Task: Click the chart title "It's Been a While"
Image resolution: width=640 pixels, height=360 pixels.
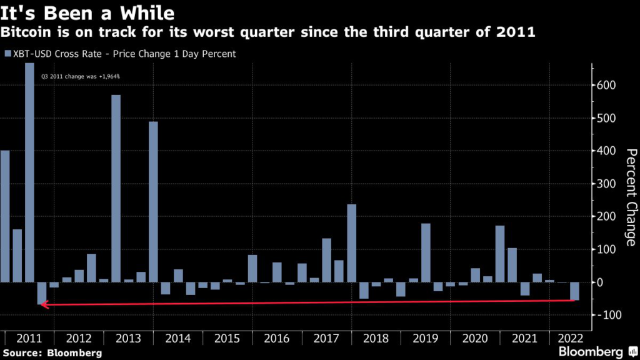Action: [87, 12]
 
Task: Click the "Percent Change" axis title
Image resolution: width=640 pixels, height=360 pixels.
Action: [631, 197]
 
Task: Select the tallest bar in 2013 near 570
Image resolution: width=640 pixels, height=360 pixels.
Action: [116, 188]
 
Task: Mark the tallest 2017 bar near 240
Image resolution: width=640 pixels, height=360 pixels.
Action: [351, 243]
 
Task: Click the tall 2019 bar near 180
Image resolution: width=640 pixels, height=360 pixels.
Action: [426, 252]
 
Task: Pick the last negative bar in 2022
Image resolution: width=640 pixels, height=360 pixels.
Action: [574, 291]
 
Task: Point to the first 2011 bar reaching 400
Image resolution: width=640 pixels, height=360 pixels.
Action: [5, 216]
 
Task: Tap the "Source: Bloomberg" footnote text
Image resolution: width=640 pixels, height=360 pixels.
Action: [51, 353]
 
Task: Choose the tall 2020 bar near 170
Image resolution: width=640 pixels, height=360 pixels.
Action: [500, 254]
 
